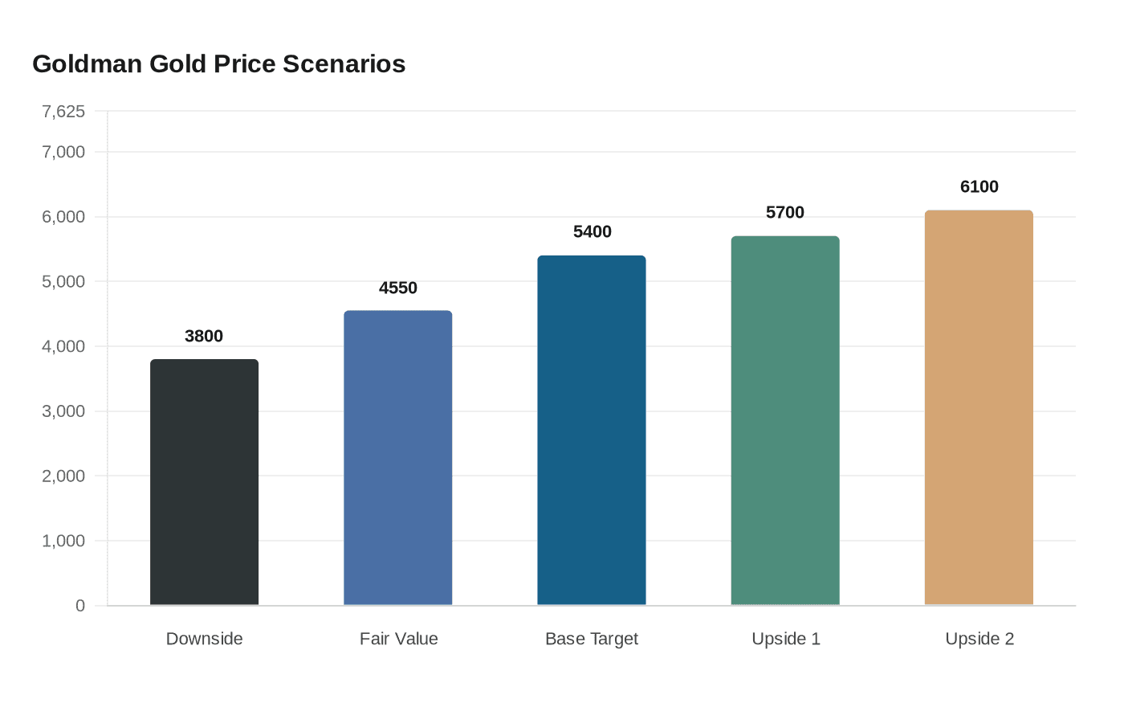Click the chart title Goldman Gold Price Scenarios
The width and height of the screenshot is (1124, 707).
(218, 64)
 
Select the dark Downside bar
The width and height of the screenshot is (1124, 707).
(204, 482)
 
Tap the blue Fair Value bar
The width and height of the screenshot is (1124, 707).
(398, 458)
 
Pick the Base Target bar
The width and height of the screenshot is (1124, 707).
(592, 431)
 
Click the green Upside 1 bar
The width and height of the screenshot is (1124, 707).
(785, 421)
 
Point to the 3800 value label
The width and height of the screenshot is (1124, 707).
(204, 336)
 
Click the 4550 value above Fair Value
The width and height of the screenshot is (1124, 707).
(398, 288)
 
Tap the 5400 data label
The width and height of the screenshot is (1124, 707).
(592, 231)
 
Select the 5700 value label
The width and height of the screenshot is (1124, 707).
(785, 212)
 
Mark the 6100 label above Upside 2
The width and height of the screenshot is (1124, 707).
(979, 186)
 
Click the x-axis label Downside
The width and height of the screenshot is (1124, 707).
(204, 639)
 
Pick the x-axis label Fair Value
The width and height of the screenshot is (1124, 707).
(398, 639)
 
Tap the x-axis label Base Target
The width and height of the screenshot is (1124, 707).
(592, 639)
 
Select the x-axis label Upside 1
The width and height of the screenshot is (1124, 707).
(785, 639)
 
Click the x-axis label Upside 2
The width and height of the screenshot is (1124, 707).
(979, 639)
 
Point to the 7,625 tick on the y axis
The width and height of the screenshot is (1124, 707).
(63, 112)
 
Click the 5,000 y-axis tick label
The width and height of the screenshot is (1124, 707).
(63, 282)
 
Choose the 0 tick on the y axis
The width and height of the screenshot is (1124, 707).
(80, 606)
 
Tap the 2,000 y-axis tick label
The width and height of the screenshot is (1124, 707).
(63, 476)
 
